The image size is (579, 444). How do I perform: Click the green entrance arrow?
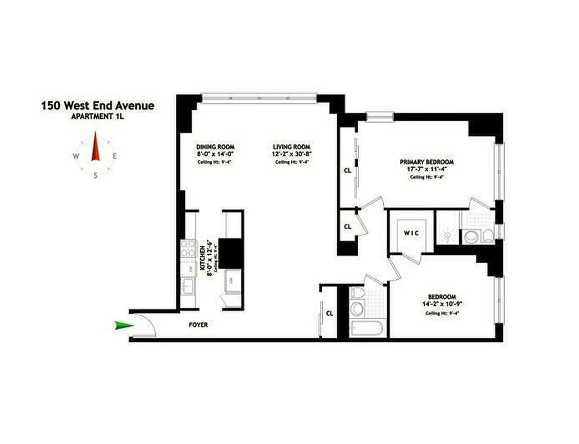(x=124, y=326)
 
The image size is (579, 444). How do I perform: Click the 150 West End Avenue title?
(x=98, y=105)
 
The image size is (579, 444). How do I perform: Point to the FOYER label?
(x=199, y=325)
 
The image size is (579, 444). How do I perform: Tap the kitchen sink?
(x=187, y=287)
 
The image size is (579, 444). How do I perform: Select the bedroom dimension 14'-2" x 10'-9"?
(x=442, y=304)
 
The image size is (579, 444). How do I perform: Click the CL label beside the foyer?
(x=329, y=314)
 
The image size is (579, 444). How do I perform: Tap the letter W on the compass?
(x=75, y=157)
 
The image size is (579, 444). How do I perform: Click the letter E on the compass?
(x=115, y=156)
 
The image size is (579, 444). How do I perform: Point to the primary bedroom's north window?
(x=379, y=115)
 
